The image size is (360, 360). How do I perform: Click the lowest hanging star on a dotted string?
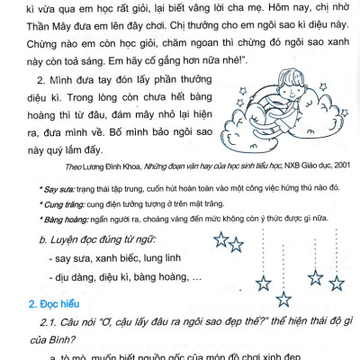[x=284, y=300]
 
